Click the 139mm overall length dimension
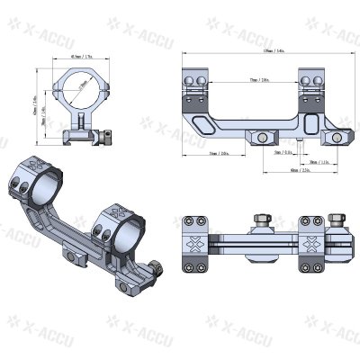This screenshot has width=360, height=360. pos(268,52)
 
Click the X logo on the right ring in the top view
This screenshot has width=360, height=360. pos(316,244)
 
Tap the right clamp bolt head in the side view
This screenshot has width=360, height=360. pos(338,137)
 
